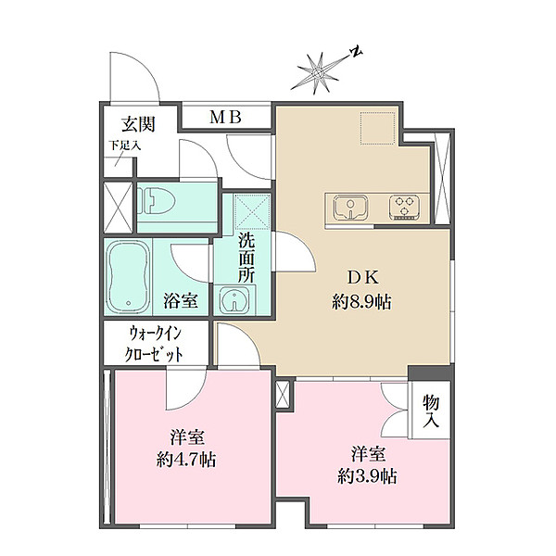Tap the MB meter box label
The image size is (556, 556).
tap(225, 117)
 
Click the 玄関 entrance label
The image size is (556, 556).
tap(138, 124)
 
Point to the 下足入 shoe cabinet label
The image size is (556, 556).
tap(125, 145)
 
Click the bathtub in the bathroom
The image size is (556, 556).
tap(128, 277)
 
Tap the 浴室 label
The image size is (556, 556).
tap(181, 300)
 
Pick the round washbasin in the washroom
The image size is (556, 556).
tap(234, 300)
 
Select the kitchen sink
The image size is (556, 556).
tap(350, 208)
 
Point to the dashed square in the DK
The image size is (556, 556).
tap(378, 129)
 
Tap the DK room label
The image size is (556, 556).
tap(362, 277)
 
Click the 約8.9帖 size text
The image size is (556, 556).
tap(361, 302)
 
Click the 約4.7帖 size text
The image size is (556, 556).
tap(186, 460)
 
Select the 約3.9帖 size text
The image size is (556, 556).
tap(367, 476)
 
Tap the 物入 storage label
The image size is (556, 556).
tap(431, 411)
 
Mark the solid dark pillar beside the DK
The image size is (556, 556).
tap(431, 373)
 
